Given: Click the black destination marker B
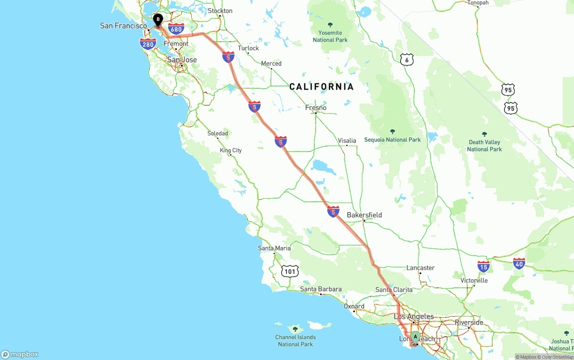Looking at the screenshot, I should pyautogui.click(x=158, y=20).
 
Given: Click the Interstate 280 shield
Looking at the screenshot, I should pyautogui.click(x=148, y=44).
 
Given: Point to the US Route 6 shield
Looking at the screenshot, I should pyautogui.click(x=406, y=60).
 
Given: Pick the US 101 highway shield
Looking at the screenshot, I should pyautogui.click(x=290, y=271).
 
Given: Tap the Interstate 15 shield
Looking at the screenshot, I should pyautogui.click(x=483, y=267).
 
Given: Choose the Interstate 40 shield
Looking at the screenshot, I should pyautogui.click(x=519, y=263).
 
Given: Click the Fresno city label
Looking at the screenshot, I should pyautogui.click(x=316, y=108).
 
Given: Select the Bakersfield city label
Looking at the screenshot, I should pyautogui.click(x=364, y=215).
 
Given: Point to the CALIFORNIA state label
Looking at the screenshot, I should pyautogui.click(x=322, y=87).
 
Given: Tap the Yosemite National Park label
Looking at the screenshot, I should pyautogui.click(x=330, y=36).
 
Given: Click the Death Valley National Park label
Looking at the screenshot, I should pyautogui.click(x=484, y=145).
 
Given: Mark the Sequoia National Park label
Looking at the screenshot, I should pyautogui.click(x=392, y=139).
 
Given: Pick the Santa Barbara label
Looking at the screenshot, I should pyautogui.click(x=321, y=289).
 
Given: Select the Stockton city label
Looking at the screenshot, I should pyautogui.click(x=220, y=11).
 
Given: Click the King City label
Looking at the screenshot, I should pyautogui.click(x=230, y=150).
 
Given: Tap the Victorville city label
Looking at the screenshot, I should pyautogui.click(x=474, y=281).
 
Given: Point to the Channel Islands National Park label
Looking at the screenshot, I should pyautogui.click(x=296, y=340).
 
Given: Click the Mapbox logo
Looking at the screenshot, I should pyautogui.click(x=20, y=355).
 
